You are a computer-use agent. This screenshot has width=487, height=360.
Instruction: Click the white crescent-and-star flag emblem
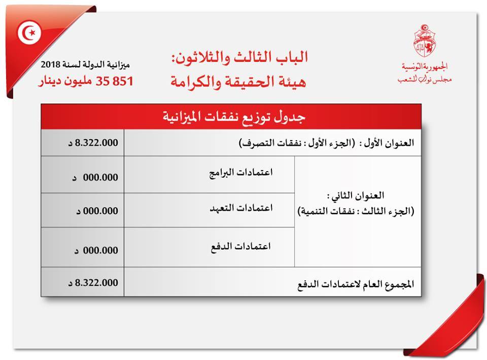(x=29, y=34)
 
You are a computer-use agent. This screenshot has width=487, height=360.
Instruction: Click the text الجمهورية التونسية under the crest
(x=425, y=67)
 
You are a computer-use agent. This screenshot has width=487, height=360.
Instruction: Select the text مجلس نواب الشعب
(x=425, y=79)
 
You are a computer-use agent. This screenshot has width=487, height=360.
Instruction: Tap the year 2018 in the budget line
(x=52, y=64)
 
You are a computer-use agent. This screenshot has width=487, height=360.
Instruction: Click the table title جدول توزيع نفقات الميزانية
(x=231, y=117)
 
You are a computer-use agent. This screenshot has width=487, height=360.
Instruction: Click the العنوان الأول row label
(x=327, y=143)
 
